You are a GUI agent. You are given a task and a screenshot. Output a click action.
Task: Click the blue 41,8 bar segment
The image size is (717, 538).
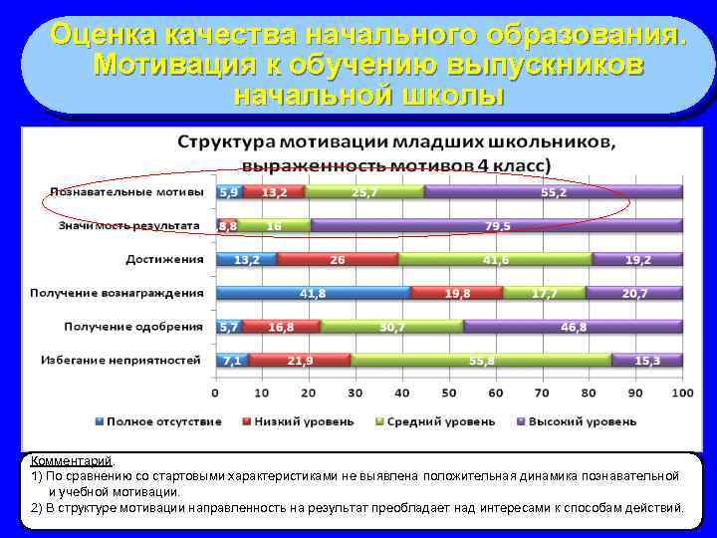314,293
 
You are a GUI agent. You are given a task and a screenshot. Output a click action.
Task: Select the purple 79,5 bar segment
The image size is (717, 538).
496,226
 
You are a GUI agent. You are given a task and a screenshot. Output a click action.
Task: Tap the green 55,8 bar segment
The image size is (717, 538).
481,360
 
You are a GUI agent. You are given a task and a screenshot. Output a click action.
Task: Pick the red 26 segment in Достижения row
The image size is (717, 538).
338,260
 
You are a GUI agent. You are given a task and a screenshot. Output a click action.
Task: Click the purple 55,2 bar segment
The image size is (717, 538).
553,192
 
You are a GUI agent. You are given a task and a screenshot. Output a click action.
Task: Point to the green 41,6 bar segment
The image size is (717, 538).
494,260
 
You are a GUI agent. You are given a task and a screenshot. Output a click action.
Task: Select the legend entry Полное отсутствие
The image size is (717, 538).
158,421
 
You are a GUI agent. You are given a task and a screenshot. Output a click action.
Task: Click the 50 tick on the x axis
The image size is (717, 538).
449,394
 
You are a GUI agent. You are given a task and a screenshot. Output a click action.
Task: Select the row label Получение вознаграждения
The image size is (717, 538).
117,293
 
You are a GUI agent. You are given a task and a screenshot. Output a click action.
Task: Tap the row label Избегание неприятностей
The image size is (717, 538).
120,360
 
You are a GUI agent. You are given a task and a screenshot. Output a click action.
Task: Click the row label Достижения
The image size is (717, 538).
164,260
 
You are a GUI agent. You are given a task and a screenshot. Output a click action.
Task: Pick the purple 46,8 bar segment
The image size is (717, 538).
573,327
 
